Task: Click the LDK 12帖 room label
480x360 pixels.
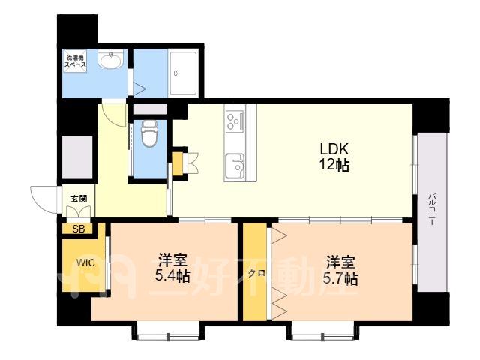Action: tap(334, 157)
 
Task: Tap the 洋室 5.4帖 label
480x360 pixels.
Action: tap(172, 268)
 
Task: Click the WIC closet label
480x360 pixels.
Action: tap(85, 262)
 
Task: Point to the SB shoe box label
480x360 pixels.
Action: tap(79, 229)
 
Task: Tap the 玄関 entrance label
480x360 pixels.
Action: tap(79, 199)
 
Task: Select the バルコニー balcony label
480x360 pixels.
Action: tap(432, 209)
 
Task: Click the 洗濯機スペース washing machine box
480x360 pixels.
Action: tap(75, 60)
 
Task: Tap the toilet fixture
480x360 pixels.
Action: tap(149, 133)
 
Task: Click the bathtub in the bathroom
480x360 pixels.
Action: tap(183, 73)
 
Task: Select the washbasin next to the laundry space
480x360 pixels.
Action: tap(111, 58)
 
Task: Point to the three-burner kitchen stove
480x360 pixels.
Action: tap(235, 121)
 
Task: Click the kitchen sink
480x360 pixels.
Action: tap(235, 166)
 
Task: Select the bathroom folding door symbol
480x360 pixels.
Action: tap(139, 88)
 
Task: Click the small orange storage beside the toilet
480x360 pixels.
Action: tap(177, 163)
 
